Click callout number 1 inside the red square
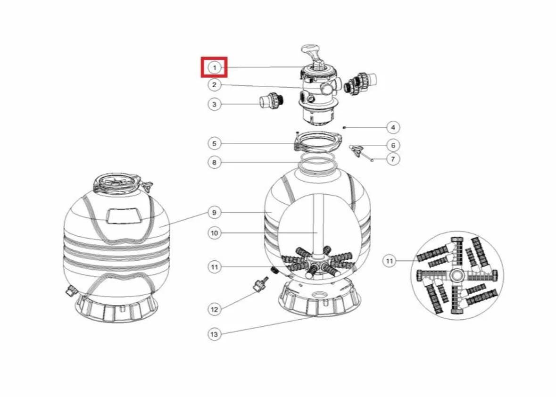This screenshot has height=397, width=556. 214,67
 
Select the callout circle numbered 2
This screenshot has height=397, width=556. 214,85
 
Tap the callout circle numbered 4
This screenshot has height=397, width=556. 393,127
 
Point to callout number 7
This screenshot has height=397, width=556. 393,159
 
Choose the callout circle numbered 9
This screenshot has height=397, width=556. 214,213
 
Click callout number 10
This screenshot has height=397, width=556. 214,233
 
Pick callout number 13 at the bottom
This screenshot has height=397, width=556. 214,334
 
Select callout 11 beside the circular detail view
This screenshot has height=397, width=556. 390,261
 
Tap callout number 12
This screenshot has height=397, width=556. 214,309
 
